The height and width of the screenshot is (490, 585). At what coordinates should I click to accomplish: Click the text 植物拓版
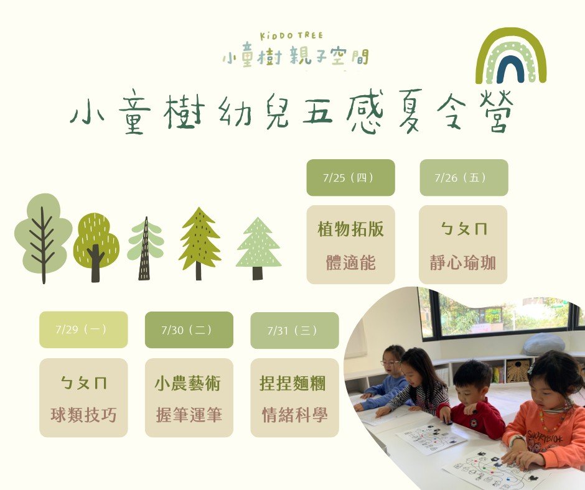pyautogui.click(x=351, y=229)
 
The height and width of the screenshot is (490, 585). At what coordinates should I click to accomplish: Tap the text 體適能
pyautogui.click(x=351, y=262)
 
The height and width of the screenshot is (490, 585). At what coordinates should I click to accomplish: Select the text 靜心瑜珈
pyautogui.click(x=463, y=262)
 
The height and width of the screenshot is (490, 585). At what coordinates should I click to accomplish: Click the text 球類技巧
pyautogui.click(x=83, y=415)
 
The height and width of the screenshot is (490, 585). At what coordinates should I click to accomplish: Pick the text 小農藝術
pyautogui.click(x=188, y=383)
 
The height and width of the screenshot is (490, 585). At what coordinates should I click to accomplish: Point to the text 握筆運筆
pyautogui.click(x=189, y=415)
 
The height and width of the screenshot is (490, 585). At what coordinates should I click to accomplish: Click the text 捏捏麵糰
pyautogui.click(x=293, y=383)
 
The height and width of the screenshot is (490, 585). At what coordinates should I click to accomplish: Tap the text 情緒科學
pyautogui.click(x=295, y=415)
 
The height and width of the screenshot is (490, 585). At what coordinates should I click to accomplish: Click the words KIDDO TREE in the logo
pyautogui.click(x=291, y=36)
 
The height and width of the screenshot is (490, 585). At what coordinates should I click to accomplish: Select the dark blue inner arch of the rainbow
pyautogui.click(x=510, y=72)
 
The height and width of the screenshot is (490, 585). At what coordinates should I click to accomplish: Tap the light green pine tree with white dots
pyautogui.click(x=258, y=248)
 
